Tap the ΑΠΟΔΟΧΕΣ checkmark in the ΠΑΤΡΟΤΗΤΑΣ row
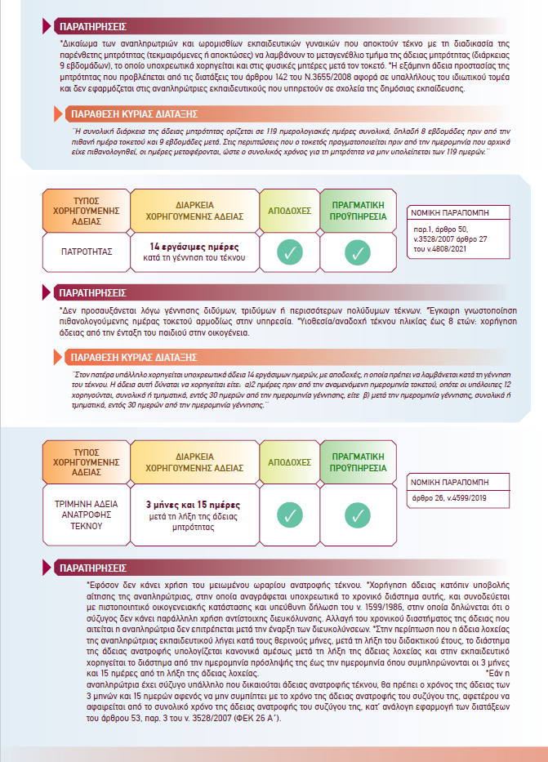[x=289, y=253]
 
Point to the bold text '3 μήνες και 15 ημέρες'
[x=194, y=505]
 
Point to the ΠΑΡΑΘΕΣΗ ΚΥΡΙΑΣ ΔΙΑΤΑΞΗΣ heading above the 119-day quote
[x=134, y=114]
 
